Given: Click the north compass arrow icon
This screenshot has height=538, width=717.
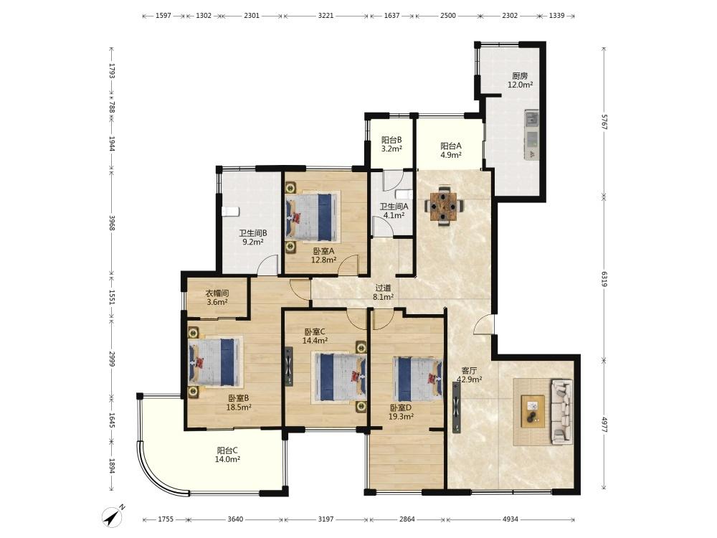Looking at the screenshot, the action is pos(113,516).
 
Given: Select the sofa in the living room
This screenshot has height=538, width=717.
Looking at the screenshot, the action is pos(562,411).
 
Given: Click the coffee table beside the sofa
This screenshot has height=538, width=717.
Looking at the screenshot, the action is pos(533,411).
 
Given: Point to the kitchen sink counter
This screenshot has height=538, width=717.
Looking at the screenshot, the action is pos(531,135).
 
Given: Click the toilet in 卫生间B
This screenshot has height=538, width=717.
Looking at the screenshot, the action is pos(230,212).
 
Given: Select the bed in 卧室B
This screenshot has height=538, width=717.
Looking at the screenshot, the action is pos(215,362).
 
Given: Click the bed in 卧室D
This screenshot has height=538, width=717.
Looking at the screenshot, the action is pos(417,379).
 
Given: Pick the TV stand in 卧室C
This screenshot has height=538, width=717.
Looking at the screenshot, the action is pos(288,367).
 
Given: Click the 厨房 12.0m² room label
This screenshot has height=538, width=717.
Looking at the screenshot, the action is pos(520,80).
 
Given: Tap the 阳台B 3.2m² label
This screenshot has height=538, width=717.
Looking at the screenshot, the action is pos(391,144).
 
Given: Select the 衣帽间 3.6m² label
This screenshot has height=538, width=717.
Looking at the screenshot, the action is pos(217,298).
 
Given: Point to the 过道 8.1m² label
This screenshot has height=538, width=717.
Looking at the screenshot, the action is pos(383,293).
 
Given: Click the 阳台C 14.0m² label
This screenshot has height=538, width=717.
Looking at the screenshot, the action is pos(227,455).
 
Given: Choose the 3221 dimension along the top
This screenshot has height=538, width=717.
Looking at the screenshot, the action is pos(326,16).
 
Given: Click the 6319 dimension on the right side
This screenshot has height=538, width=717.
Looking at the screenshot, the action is pos(604,279).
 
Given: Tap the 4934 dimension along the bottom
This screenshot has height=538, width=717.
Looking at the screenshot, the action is pos(511,519).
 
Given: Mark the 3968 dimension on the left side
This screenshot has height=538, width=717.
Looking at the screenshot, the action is pos(112,224).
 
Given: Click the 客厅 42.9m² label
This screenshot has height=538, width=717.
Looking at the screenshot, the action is pos(470,374).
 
